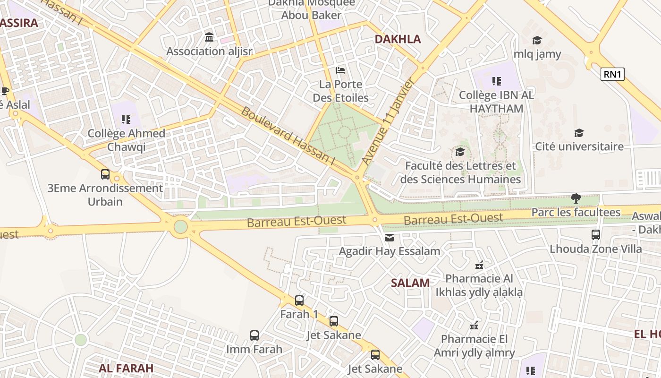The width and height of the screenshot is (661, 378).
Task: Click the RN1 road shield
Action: tap(612, 74)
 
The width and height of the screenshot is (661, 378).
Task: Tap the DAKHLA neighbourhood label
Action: tap(398, 39)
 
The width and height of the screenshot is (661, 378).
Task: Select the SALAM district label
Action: tap(410, 283)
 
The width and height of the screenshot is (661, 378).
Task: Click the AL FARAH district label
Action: tap(126, 368)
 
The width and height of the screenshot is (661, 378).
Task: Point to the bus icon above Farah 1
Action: tap(299, 301)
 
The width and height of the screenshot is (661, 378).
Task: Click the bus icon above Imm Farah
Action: tap(254, 335)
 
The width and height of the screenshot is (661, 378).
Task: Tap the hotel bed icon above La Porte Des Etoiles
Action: tap(340, 70)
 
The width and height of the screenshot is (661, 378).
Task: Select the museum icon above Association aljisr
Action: tap(209, 37)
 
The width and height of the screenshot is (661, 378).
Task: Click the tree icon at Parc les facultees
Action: tap(576, 198)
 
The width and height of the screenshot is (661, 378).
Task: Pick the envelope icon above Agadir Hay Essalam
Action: tap(390, 237)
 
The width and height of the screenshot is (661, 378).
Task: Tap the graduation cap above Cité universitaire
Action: tap(579, 133)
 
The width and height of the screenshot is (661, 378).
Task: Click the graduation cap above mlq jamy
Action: tap(537, 40)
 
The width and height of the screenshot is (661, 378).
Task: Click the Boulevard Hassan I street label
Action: tap(288, 136)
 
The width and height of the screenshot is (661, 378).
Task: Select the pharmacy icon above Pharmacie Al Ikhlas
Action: tap(479, 265)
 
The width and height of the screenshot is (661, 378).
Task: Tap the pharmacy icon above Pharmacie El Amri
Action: tap(475, 325)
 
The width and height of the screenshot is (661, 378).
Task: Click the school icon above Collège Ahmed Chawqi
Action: tap(126, 120)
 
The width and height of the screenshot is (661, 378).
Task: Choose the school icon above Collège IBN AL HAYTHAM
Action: tap(496, 81)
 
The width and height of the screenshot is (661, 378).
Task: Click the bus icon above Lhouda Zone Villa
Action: tap(596, 234)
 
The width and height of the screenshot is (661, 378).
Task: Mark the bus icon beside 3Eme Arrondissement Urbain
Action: tap(105, 174)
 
